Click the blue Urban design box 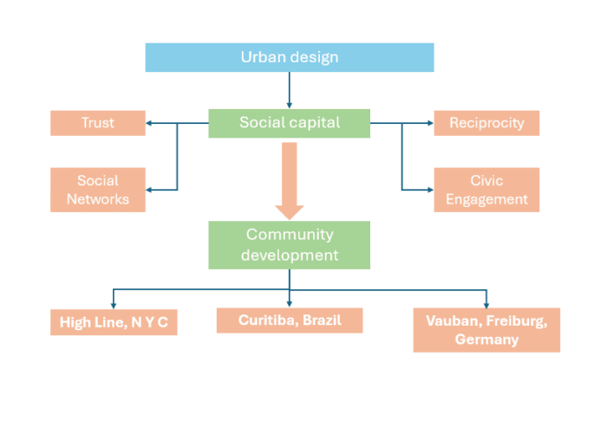(289, 57)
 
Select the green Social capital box (289, 122)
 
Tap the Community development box (289, 244)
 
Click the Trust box (97, 123)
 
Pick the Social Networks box (97, 190)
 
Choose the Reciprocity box (486, 123)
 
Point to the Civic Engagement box (486, 190)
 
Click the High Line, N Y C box (114, 322)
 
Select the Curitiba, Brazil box (290, 321)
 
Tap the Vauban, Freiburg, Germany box (486, 330)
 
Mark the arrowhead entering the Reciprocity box (429, 123)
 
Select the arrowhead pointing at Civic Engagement (429, 189)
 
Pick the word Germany (486, 340)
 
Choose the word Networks (97, 199)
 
